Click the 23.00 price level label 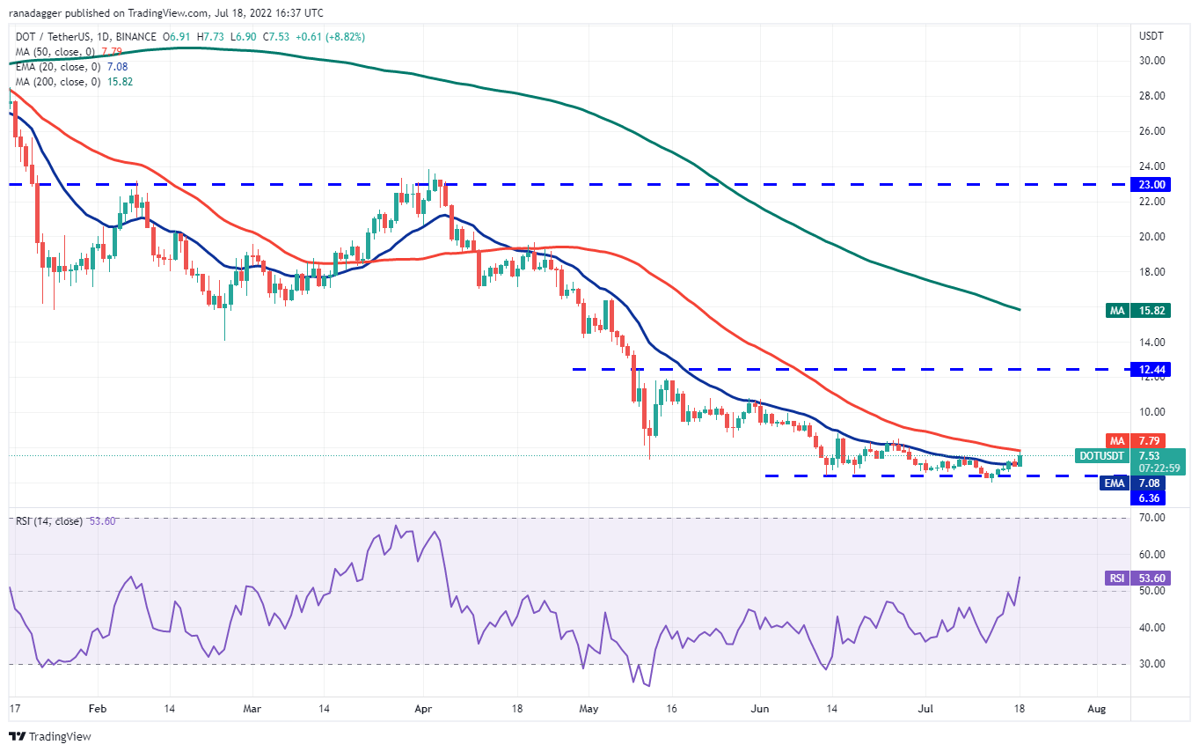1151,184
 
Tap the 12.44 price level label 1151,369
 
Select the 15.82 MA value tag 1151,310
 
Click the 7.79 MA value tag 1151,440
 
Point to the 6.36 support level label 1151,498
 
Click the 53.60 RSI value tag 1151,578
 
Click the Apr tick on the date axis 423,707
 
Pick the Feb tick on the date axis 97,707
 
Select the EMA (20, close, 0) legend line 73,66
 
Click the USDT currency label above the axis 1151,36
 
